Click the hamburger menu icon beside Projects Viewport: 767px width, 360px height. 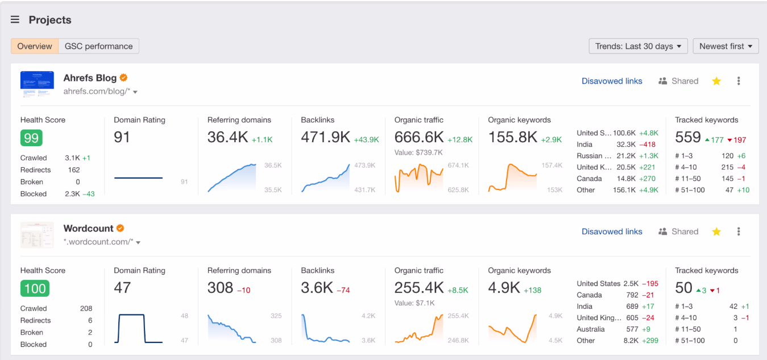click(x=15, y=20)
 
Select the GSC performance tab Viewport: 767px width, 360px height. click(x=99, y=47)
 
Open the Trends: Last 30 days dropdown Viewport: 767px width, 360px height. click(x=638, y=47)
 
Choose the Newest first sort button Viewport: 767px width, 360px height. click(x=725, y=47)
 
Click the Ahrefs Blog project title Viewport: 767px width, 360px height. click(x=90, y=78)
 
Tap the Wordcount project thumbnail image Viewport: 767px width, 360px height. click(x=37, y=235)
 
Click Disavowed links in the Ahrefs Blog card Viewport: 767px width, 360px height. click(x=612, y=81)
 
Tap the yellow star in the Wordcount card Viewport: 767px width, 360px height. click(x=716, y=231)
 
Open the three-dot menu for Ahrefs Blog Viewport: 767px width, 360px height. click(x=739, y=81)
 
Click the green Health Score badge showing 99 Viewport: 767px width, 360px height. click(x=31, y=138)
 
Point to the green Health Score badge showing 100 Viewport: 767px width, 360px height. click(x=35, y=288)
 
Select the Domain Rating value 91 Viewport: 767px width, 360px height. click(x=122, y=137)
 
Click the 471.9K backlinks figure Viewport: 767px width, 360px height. click(x=325, y=137)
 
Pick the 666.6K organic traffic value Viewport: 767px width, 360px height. click(x=419, y=137)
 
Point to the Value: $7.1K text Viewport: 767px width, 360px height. click(x=418, y=303)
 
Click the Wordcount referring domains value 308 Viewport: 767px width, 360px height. click(x=220, y=288)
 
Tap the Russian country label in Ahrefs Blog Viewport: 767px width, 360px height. click(x=594, y=156)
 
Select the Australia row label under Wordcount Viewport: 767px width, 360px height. click(x=591, y=329)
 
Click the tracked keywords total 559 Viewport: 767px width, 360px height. click(x=688, y=137)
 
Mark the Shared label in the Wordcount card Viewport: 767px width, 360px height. click(x=685, y=231)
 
